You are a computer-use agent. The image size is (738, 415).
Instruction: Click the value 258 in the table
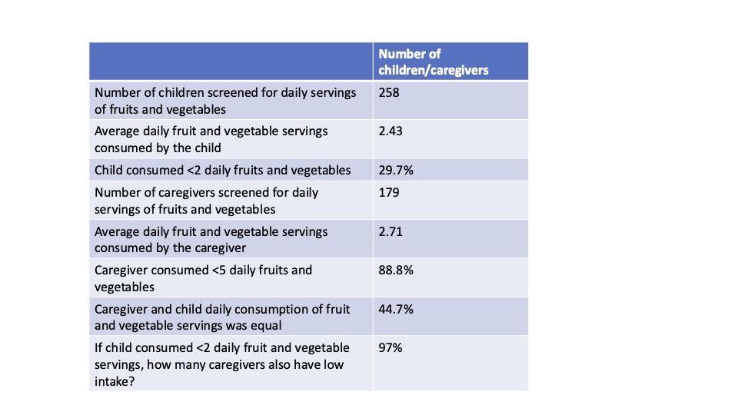click(x=389, y=93)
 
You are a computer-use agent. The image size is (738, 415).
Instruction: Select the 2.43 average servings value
click(x=391, y=131)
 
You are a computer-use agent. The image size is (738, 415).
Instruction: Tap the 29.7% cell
click(x=396, y=171)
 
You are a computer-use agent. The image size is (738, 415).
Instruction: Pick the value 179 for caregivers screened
click(x=389, y=192)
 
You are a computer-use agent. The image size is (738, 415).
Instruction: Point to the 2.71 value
click(x=391, y=231)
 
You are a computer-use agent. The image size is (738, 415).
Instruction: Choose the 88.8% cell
click(x=396, y=270)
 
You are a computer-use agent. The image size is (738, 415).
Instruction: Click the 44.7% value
click(x=396, y=309)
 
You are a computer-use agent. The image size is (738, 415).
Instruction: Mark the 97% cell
click(x=391, y=347)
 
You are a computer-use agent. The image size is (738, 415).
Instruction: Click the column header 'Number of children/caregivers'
click(x=434, y=62)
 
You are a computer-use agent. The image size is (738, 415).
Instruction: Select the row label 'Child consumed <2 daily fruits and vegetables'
click(x=223, y=171)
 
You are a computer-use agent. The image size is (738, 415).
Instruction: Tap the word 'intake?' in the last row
click(x=115, y=382)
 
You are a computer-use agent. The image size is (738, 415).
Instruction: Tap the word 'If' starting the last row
click(x=98, y=347)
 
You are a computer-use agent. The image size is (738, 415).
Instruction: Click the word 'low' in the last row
click(x=334, y=364)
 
